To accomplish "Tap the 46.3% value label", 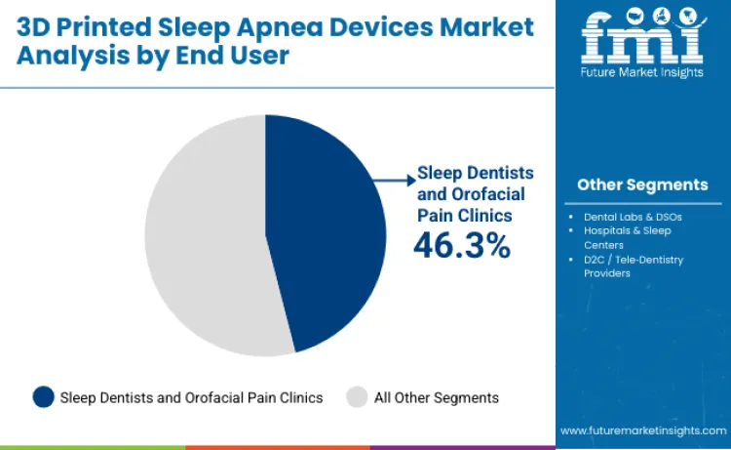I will pos(461,245).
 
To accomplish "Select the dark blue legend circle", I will pos(43,396).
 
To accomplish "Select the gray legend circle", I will pos(357,396).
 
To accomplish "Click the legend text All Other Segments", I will pos(437,397).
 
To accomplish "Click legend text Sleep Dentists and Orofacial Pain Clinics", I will pos(191,397).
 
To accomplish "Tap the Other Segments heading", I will pos(642,184).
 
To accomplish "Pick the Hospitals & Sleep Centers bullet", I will pos(628,237).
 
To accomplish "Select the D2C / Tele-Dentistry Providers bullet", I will pos(634,266).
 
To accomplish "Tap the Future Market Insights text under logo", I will pos(642,74).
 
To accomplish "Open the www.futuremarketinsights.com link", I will pos(642,430).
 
